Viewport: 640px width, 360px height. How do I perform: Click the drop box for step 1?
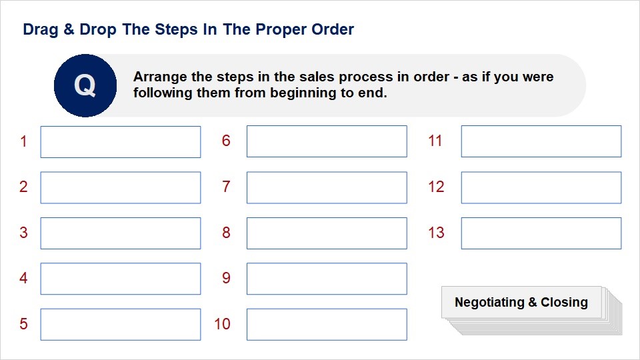coord(121,142)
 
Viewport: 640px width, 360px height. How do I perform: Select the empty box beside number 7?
coord(327,188)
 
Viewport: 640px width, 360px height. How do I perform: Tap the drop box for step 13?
coord(541,233)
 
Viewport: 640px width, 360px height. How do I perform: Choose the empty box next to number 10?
coord(327,325)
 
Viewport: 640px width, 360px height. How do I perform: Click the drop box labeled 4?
coord(121,279)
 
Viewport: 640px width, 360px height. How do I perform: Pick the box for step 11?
coord(541,141)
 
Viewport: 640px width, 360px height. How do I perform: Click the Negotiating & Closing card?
coord(521,303)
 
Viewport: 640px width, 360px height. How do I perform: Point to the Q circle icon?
coord(85,86)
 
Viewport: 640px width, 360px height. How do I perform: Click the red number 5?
coord(24,324)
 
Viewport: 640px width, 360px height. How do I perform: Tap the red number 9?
coord(226,278)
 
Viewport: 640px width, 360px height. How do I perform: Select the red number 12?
coord(436,187)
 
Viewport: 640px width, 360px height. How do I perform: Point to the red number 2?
coord(24,187)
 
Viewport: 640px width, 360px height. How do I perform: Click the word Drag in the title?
coord(41,30)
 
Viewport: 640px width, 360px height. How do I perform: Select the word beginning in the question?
coord(303,93)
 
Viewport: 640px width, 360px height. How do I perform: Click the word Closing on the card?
coord(564,303)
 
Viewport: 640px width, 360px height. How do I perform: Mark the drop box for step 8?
coord(327,233)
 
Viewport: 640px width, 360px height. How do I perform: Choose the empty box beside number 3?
coord(121,233)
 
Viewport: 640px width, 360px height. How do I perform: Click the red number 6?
coord(226,141)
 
